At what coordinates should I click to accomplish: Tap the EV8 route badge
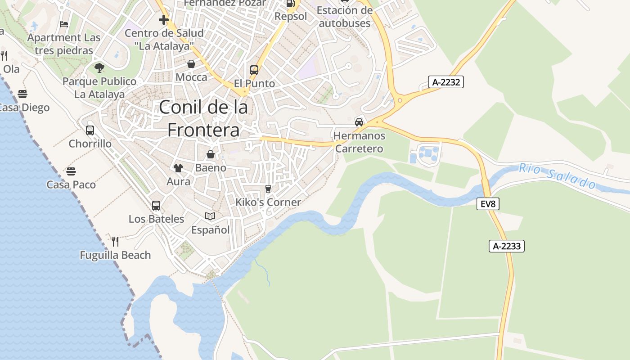pyautogui.click(x=488, y=204)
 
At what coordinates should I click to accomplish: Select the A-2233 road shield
pyautogui.click(x=507, y=246)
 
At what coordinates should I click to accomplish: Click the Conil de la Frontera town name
pyautogui.click(x=203, y=118)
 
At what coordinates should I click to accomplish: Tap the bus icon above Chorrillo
pyautogui.click(x=90, y=130)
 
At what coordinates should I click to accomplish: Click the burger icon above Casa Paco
pyautogui.click(x=71, y=171)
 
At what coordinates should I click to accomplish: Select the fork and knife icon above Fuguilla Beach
pyautogui.click(x=115, y=242)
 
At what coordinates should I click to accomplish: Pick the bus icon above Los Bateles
pyautogui.click(x=156, y=206)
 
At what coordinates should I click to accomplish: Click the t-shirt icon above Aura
pyautogui.click(x=178, y=168)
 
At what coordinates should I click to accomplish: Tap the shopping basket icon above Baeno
pyautogui.click(x=211, y=155)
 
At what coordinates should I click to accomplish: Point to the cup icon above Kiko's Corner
pyautogui.click(x=268, y=189)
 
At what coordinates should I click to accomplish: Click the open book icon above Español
pyautogui.click(x=210, y=216)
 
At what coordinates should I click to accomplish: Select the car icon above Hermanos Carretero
pyautogui.click(x=359, y=122)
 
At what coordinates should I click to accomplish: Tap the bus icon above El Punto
pyautogui.click(x=254, y=70)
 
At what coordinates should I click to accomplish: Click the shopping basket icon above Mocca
pyautogui.click(x=191, y=64)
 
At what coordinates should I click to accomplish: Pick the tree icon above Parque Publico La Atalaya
pyautogui.click(x=99, y=68)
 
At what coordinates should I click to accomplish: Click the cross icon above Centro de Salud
pyautogui.click(x=164, y=20)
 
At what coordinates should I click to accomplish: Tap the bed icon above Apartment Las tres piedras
pyautogui.click(x=64, y=24)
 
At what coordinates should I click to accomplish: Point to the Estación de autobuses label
pyautogui.click(x=344, y=17)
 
